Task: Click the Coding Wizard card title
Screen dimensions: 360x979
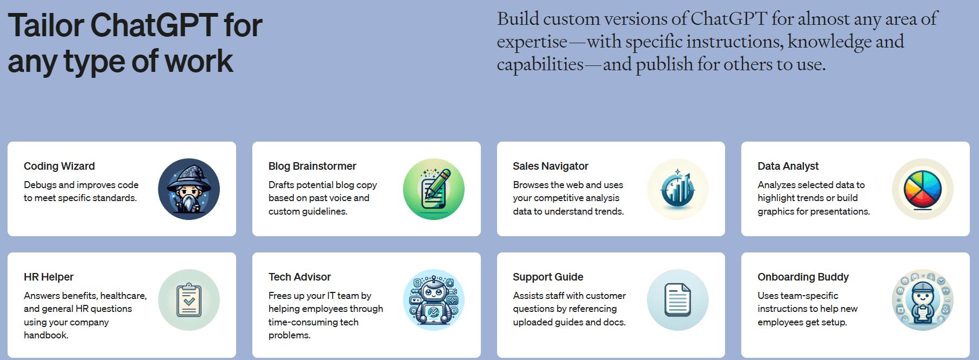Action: pos(59,166)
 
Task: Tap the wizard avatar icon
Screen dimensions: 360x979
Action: pos(189,189)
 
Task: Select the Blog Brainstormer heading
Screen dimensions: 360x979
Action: pos(312,166)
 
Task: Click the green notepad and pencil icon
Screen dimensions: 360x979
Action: pos(434,189)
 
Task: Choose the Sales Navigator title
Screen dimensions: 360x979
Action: pos(551,166)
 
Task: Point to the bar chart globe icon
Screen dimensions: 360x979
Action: pos(678,189)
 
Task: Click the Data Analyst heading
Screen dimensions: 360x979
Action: pos(788,166)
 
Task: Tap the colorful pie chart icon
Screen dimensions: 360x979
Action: pos(923,189)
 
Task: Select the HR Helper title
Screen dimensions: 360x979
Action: pos(49,277)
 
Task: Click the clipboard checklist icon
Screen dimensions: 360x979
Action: pos(189,300)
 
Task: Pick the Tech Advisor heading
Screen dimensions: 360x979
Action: pos(299,277)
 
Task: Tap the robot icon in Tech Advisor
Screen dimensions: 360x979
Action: pos(434,300)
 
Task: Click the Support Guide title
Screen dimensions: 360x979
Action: pos(548,277)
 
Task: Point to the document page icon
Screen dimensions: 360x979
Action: pos(678,300)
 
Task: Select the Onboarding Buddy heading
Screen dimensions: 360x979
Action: pos(803,277)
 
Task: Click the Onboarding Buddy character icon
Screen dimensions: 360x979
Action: pos(923,300)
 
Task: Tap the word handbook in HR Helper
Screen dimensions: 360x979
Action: pos(46,335)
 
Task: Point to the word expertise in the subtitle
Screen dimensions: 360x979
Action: pos(532,42)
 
